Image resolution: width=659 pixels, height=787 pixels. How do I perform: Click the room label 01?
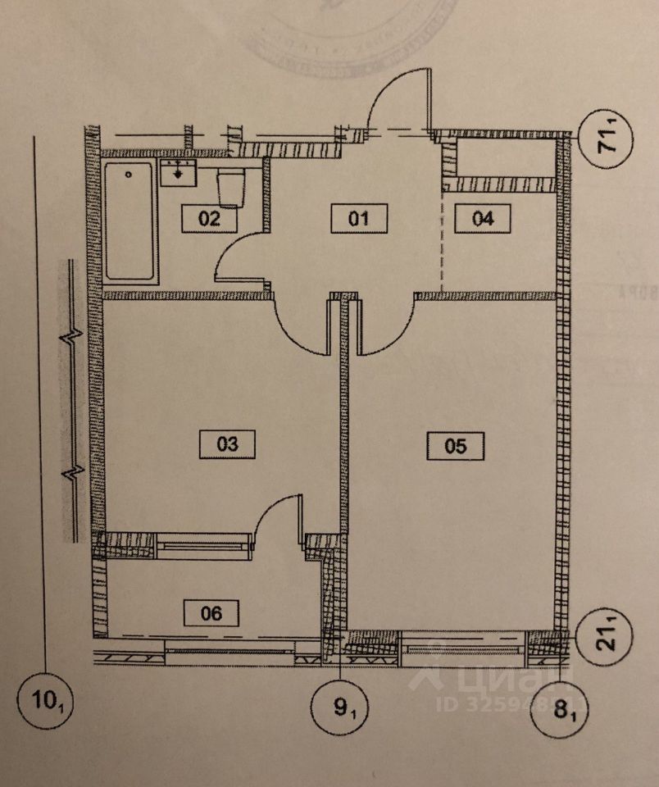(x=359, y=220)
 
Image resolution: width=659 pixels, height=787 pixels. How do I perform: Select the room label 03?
(x=228, y=444)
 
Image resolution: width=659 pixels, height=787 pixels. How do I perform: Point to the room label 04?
(x=484, y=220)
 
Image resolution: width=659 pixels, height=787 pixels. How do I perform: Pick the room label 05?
(x=457, y=445)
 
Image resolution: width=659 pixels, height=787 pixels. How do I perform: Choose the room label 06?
(x=211, y=612)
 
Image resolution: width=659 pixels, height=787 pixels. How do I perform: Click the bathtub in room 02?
(x=130, y=221)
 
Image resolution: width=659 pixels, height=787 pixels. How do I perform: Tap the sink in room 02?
(x=178, y=173)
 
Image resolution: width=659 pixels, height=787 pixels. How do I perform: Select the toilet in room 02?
(x=230, y=188)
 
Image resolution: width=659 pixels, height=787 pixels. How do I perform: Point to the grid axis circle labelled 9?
(x=340, y=705)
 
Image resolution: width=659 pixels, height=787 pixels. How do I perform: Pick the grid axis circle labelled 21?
(x=609, y=635)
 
